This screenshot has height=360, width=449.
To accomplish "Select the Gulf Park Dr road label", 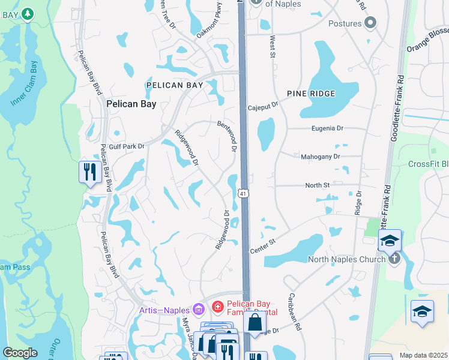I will pyautogui.click(x=127, y=146).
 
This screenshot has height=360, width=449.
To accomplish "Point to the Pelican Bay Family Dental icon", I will pyautogui.click(x=217, y=307).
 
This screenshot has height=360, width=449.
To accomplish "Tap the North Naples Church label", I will pyautogui.click(x=346, y=259).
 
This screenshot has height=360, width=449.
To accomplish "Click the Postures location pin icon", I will pyautogui.click(x=370, y=23).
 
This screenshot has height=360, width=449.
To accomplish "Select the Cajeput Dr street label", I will pyautogui.click(x=263, y=106).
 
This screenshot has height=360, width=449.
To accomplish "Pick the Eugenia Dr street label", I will pyautogui.click(x=327, y=128).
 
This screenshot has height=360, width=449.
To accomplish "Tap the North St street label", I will pyautogui.click(x=318, y=185).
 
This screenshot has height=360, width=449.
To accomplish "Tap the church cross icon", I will pyautogui.click(x=394, y=258).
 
